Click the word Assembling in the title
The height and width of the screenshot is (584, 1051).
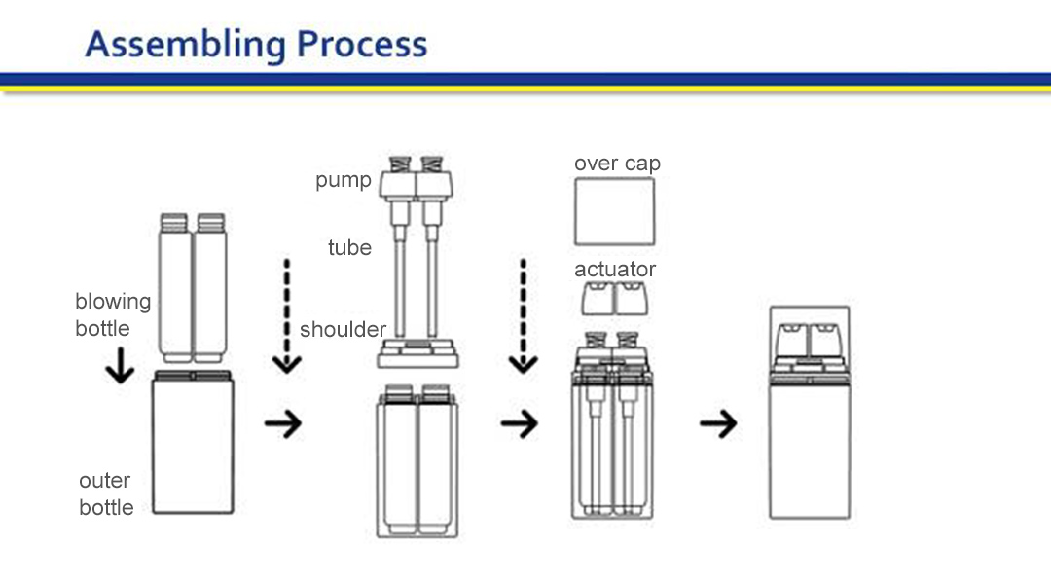point(184,45)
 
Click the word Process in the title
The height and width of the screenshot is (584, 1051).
point(362,45)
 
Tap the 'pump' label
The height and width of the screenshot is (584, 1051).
point(343,180)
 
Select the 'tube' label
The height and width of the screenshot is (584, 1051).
point(349,247)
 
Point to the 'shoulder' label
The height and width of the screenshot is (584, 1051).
point(343,329)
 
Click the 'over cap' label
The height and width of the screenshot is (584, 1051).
point(617,163)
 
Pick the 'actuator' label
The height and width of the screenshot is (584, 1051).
point(615,269)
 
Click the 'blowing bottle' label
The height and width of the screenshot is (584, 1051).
point(113,314)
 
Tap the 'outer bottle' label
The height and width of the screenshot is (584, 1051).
point(106,493)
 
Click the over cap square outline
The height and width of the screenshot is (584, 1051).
point(614,211)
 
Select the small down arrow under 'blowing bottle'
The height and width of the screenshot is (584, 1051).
point(120,366)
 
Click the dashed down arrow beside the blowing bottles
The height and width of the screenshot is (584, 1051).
point(285,316)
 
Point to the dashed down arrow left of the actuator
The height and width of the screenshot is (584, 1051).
point(524,316)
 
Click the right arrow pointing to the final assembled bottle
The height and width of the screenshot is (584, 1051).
point(718,423)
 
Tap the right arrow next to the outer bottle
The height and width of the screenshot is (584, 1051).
point(283,423)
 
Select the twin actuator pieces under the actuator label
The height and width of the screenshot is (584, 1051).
point(614,298)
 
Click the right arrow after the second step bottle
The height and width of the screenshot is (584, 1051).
point(520,423)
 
